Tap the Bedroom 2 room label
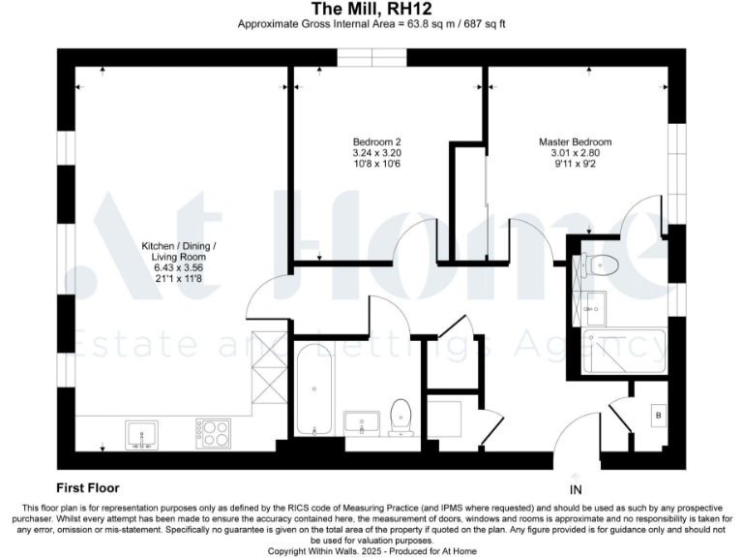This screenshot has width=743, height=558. (x=350, y=141)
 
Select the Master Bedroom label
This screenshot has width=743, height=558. (x=575, y=141)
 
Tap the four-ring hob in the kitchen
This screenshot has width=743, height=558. (x=214, y=432)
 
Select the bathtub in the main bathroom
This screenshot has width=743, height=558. (x=314, y=388)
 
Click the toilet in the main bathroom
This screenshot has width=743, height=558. (x=401, y=417)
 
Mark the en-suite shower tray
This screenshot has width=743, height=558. (x=625, y=350)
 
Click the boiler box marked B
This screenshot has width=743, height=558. (x=659, y=415)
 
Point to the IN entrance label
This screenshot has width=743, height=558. (x=577, y=489)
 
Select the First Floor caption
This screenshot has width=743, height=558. (x=88, y=488)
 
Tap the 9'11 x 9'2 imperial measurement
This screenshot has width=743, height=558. (x=575, y=165)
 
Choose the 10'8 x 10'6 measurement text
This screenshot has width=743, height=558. (x=350, y=165)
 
